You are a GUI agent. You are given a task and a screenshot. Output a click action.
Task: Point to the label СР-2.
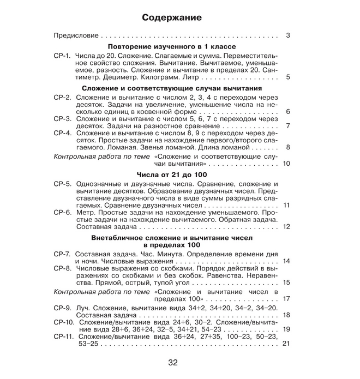click(63, 97)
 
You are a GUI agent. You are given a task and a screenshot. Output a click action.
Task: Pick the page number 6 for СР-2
click(287, 112)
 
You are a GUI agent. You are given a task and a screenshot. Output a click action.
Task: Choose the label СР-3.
click(63, 118)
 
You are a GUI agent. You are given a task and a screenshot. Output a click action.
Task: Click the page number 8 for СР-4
click(287, 147)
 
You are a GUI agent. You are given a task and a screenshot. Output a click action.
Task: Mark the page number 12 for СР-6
click(286, 226)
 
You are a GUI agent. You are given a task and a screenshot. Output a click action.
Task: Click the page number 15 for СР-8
click(286, 282)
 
